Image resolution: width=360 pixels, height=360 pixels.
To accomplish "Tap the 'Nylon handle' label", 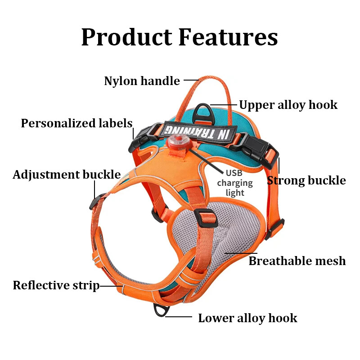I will pos(142,81).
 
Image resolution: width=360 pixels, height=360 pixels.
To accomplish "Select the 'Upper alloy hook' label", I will pos(288,105).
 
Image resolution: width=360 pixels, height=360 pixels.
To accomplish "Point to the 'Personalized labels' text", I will pos(76,123).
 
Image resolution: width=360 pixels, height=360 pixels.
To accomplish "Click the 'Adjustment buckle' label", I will pos(67,175).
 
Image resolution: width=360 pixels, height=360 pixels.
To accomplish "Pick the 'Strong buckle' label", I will pos(306,180).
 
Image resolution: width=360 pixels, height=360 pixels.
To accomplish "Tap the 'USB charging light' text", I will pos(234,183).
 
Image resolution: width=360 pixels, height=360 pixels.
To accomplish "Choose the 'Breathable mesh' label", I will pos(297,261).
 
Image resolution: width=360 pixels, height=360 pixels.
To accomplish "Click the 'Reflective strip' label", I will pos(56,285).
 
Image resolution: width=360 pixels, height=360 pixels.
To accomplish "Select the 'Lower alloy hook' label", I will pos(247,318).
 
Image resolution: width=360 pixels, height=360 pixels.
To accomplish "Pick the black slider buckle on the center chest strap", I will pos(208,218).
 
